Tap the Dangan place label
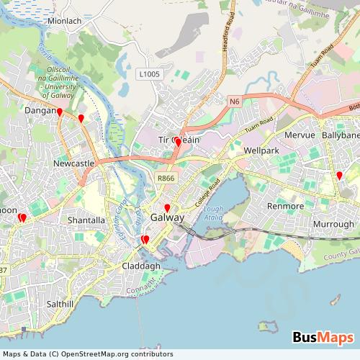click(x=40, y=111)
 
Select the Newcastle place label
click(x=74, y=164)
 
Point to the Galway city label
click(x=168, y=217)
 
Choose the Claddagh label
click(x=141, y=266)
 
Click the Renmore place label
click(x=286, y=206)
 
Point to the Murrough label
click(x=333, y=224)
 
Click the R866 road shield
click(x=166, y=178)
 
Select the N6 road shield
click(x=235, y=102)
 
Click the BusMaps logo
click(x=323, y=338)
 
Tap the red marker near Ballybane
click(x=339, y=176)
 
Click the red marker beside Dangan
click(x=60, y=112)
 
